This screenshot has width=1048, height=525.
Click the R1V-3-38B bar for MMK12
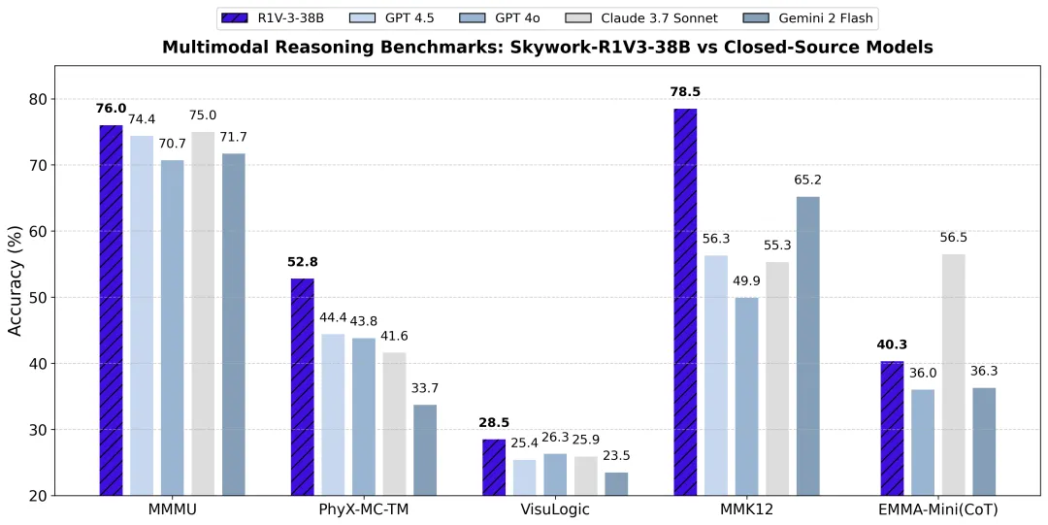[x=685, y=302]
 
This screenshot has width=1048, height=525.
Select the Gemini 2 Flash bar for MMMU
[x=234, y=324]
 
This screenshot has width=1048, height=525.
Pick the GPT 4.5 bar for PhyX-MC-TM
[x=333, y=414]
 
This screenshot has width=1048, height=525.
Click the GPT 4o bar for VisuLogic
[x=555, y=474]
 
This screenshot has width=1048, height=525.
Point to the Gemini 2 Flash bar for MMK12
[x=807, y=345]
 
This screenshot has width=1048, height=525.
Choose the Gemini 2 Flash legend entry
[x=780, y=17]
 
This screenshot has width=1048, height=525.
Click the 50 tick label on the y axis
[x=37, y=297]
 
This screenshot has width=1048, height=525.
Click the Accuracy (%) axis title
[x=16, y=280]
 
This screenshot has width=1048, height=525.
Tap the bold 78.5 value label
[x=685, y=92]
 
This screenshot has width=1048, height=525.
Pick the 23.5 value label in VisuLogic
[x=617, y=456]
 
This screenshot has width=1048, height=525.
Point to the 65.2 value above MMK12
[x=807, y=180]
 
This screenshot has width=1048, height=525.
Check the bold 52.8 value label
[x=302, y=262]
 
